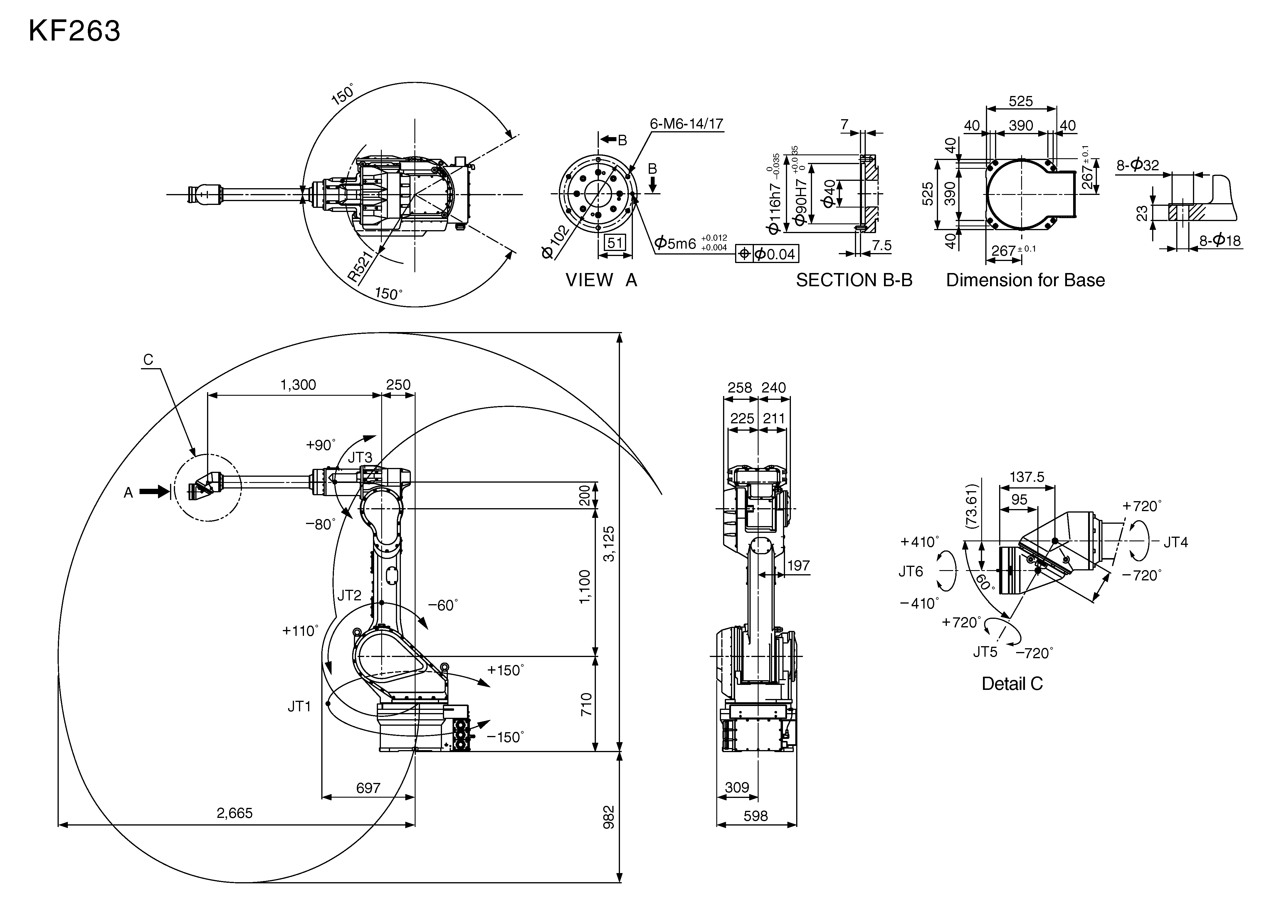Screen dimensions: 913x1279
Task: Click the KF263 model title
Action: click(74, 31)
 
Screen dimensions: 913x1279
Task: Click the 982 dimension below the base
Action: click(609, 817)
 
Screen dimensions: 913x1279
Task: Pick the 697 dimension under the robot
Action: click(368, 788)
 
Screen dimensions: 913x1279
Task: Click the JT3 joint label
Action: click(360, 458)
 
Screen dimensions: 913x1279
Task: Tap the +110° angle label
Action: click(300, 631)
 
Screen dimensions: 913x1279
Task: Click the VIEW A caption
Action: click(601, 280)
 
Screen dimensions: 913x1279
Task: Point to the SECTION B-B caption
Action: click(854, 280)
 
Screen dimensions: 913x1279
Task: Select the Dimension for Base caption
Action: click(1025, 280)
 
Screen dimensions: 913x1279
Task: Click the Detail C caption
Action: click(1012, 684)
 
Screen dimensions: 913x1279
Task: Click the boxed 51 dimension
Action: click(615, 242)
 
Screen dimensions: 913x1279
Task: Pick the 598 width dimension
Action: click(755, 816)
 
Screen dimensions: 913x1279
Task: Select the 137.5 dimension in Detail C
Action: click(1026, 477)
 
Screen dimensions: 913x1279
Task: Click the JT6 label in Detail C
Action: click(911, 571)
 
